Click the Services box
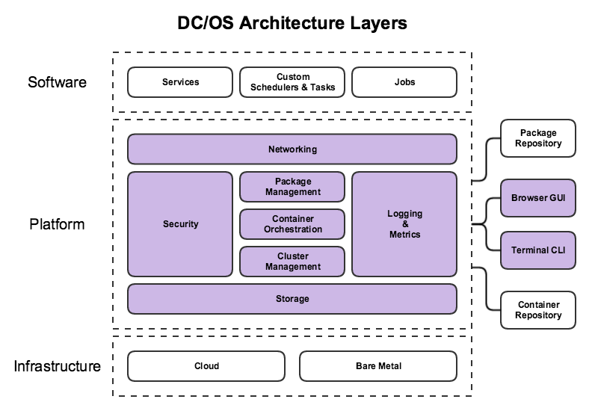[x=180, y=82]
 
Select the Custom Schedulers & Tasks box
[x=292, y=82]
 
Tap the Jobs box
[x=404, y=82]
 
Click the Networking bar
[x=292, y=149]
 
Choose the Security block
[x=180, y=224]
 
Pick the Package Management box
[x=292, y=187]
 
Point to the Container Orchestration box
[x=292, y=224]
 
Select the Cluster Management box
[x=292, y=262]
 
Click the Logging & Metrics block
[x=404, y=224]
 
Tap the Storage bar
[x=292, y=299]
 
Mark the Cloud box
[x=206, y=366]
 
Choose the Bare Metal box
[x=378, y=366]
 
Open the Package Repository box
[x=538, y=138]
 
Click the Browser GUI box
[x=538, y=198]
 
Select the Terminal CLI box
[x=538, y=250]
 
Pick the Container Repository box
[x=538, y=310]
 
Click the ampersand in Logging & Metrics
[x=404, y=224]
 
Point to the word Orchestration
[x=292, y=229]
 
